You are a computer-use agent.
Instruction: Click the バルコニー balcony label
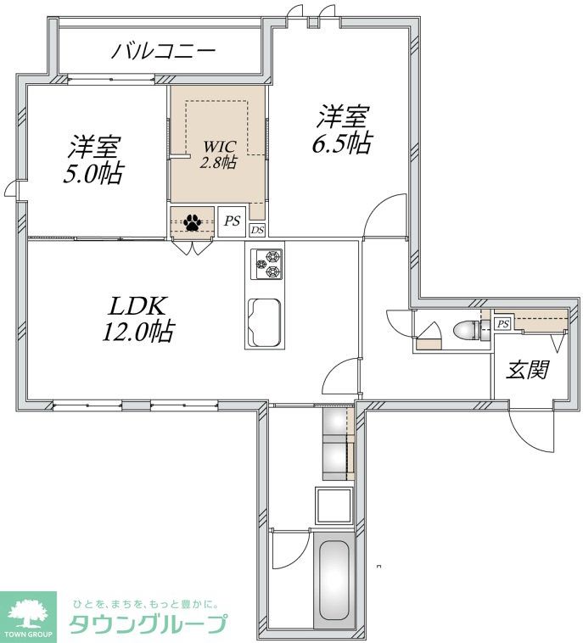click(x=164, y=50)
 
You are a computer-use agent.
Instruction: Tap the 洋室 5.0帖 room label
click(x=95, y=160)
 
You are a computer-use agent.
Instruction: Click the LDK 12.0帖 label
click(x=137, y=319)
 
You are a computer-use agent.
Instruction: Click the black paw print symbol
click(x=193, y=222)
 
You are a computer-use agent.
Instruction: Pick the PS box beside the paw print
click(x=232, y=221)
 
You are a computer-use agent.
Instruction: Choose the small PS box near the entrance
click(x=502, y=324)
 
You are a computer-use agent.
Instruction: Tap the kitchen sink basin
click(x=266, y=322)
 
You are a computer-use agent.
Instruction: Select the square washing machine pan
click(x=334, y=506)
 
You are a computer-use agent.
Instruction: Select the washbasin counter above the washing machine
click(x=338, y=446)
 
